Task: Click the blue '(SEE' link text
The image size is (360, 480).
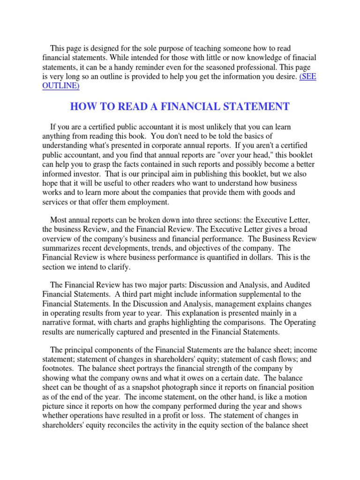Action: (x=307, y=76)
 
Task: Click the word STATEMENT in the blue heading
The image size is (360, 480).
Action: (x=252, y=107)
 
